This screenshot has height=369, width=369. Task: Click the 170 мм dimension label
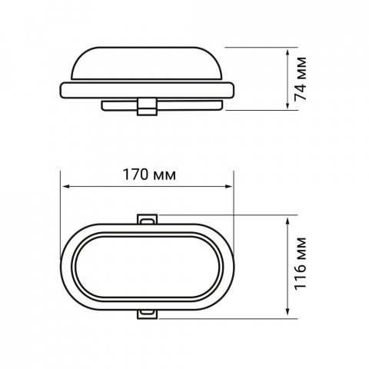point(147,175)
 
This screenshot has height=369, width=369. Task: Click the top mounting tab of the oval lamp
point(146,220)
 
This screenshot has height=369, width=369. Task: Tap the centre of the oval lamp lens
point(146,265)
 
